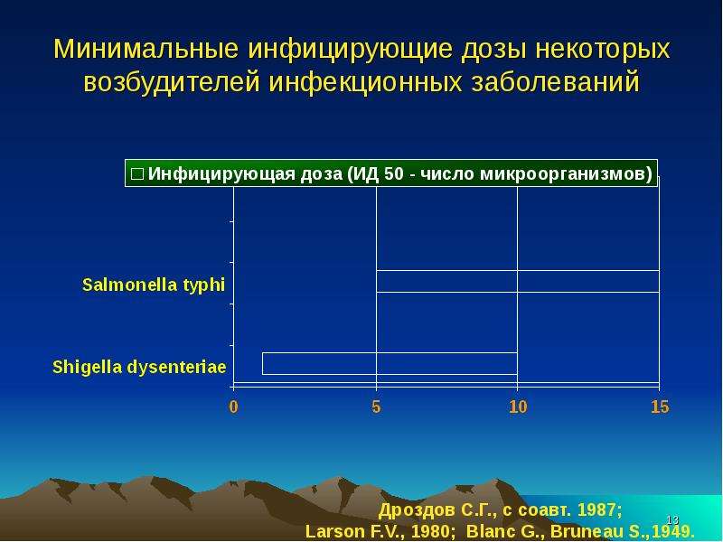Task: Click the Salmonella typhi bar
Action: click(x=518, y=281)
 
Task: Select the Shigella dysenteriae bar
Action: click(x=390, y=364)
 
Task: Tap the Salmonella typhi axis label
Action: click(x=154, y=285)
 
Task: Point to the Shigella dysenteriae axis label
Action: click(x=139, y=368)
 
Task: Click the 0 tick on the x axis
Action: click(x=233, y=406)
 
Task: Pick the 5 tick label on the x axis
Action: click(x=376, y=406)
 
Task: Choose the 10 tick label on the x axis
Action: click(x=518, y=406)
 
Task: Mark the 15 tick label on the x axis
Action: click(x=660, y=406)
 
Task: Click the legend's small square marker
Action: click(x=137, y=174)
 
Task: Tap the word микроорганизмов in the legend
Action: click(x=567, y=174)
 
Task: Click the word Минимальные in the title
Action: click(x=146, y=49)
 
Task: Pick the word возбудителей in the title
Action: click(x=172, y=82)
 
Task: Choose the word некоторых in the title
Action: click(x=602, y=49)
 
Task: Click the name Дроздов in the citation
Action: click(x=417, y=510)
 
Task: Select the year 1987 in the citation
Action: click(x=599, y=510)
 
